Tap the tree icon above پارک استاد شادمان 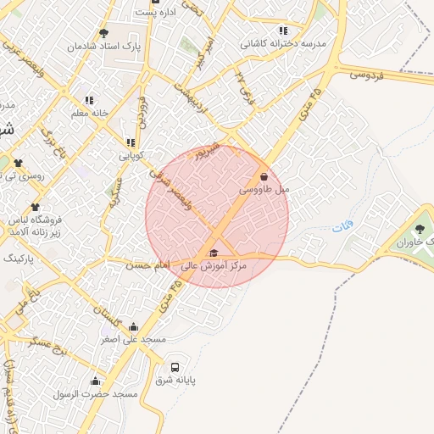(103, 34)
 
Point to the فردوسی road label (366, 75)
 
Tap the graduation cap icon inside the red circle (213, 253)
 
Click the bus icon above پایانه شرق (175, 368)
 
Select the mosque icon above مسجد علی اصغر (133, 326)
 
